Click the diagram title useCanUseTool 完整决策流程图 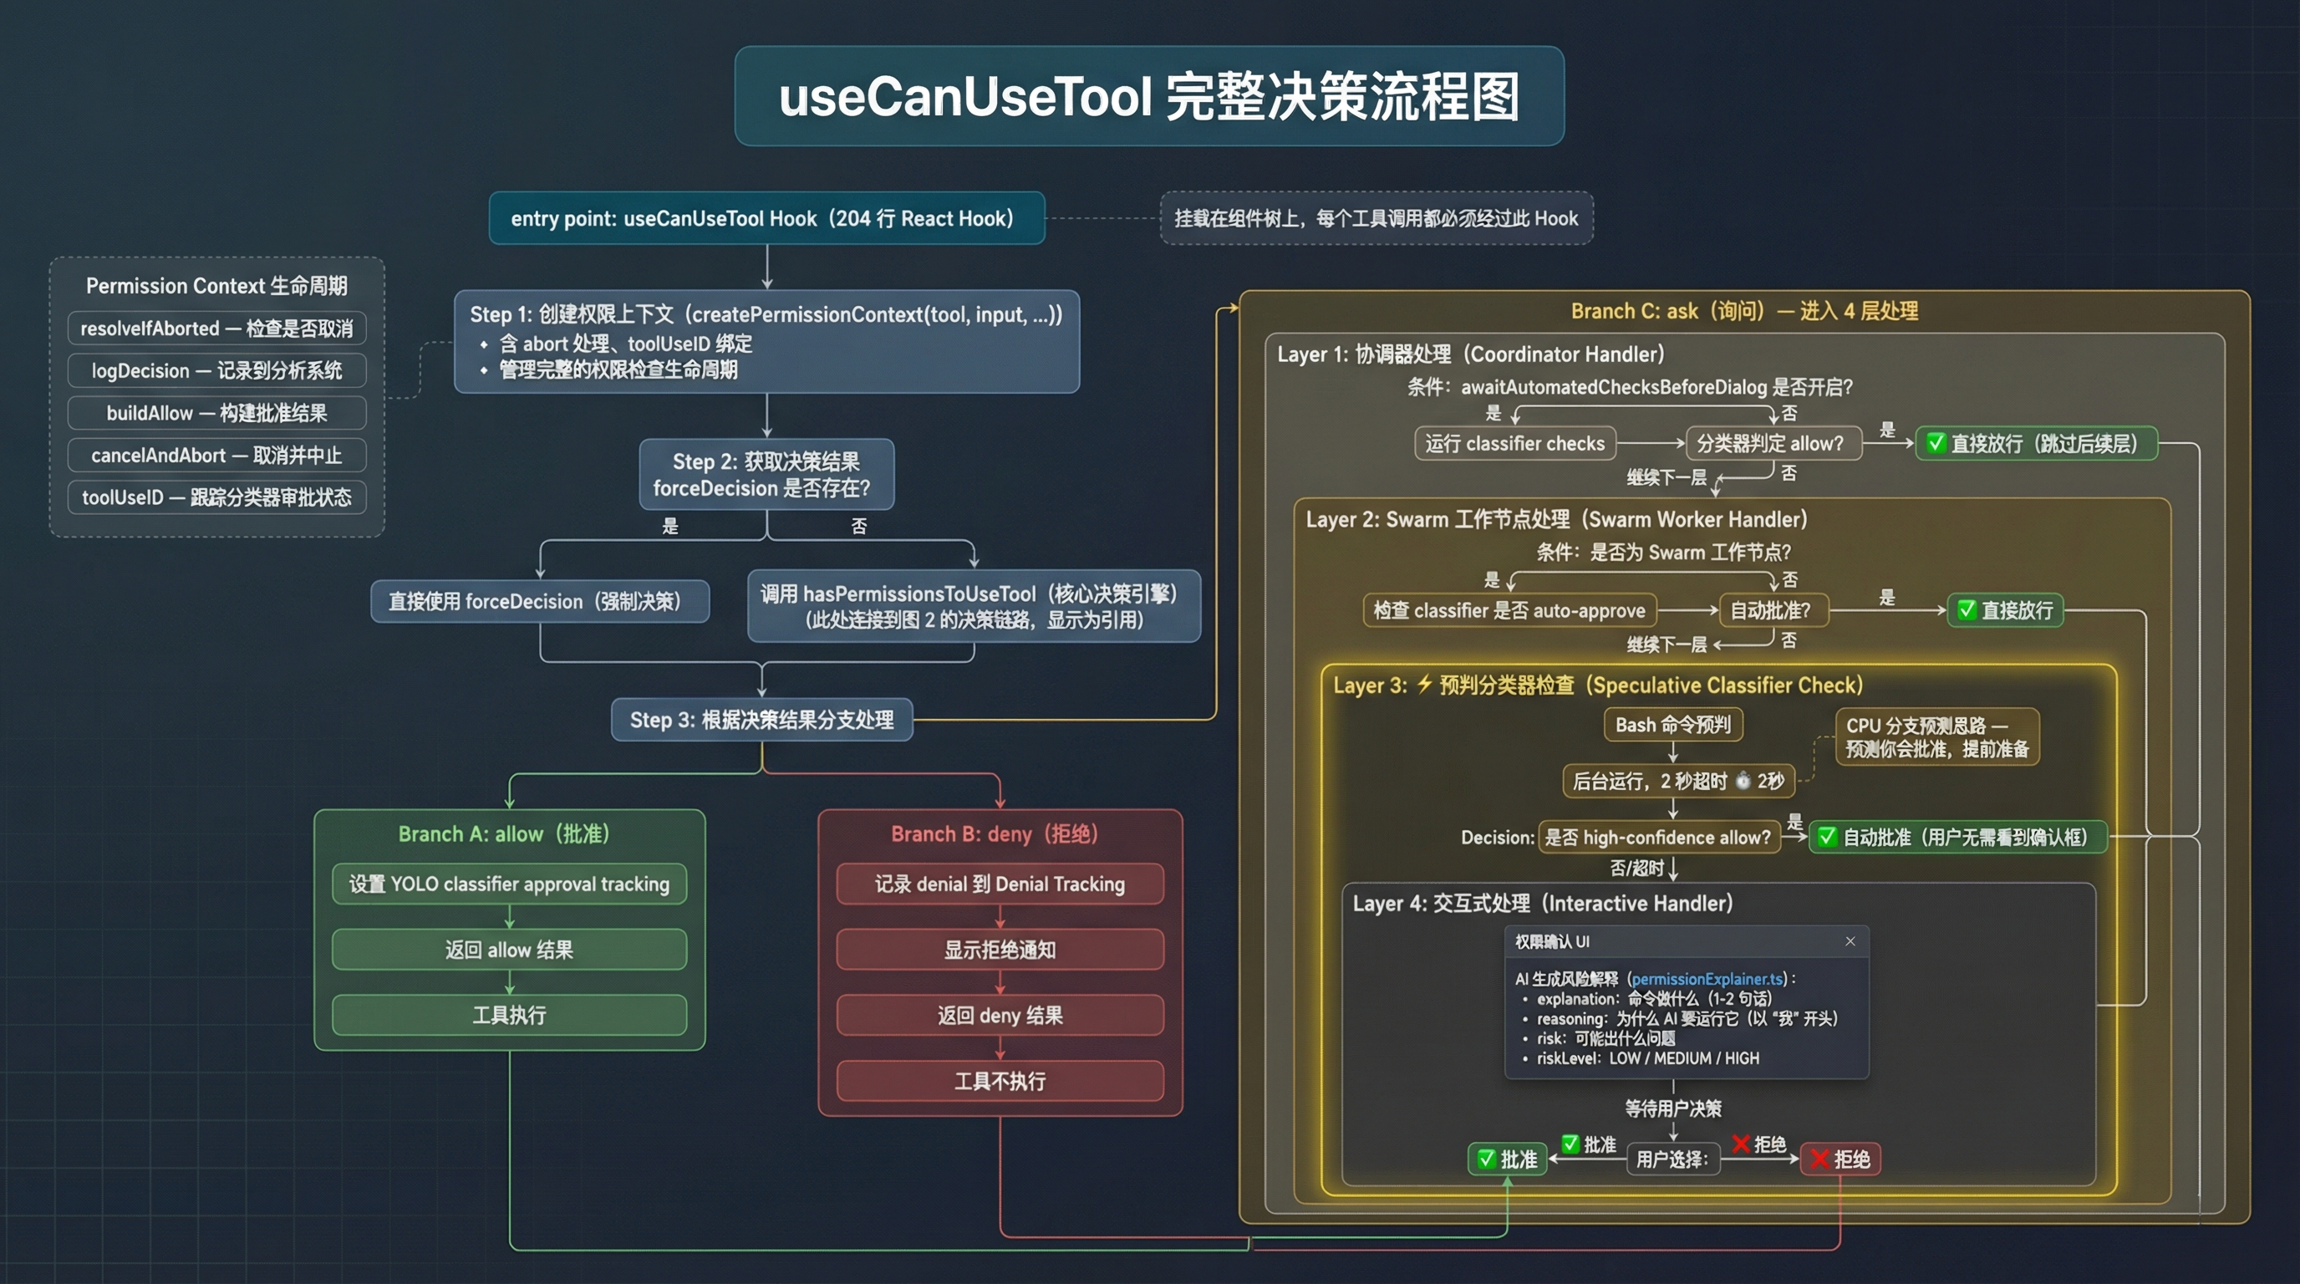coord(1149,96)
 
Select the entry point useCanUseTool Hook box coord(766,219)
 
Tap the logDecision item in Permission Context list coord(217,370)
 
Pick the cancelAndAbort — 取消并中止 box coord(217,456)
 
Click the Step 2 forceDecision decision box coord(766,475)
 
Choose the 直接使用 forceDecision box coord(539,602)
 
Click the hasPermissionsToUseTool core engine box coord(973,606)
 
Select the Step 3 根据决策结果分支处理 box coord(761,720)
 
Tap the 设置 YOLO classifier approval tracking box coord(509,884)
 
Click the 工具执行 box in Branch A coord(509,1015)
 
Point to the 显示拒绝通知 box coord(1000,950)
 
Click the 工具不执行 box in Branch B coord(1000,1082)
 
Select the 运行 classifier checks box coord(1515,444)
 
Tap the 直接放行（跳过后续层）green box coord(2036,444)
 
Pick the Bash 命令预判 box coord(1673,725)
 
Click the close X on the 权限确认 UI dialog coord(1850,941)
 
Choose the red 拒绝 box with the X coord(1840,1159)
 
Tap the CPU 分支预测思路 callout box coord(1936,736)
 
